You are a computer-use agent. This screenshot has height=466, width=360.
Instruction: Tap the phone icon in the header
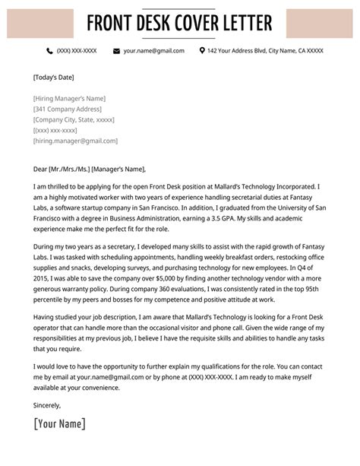(x=49, y=51)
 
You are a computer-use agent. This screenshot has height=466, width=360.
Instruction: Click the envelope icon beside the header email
(x=116, y=51)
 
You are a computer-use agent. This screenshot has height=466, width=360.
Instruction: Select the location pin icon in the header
(x=202, y=51)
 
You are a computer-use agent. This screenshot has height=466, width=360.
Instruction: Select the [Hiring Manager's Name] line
(x=69, y=98)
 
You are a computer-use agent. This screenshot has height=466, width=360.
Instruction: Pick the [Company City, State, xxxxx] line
(x=74, y=119)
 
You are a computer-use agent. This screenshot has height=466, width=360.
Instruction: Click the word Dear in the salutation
(x=41, y=169)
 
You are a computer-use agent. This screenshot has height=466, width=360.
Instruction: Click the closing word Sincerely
(x=49, y=405)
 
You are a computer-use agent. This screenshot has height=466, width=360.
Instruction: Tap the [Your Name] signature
(x=60, y=424)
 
